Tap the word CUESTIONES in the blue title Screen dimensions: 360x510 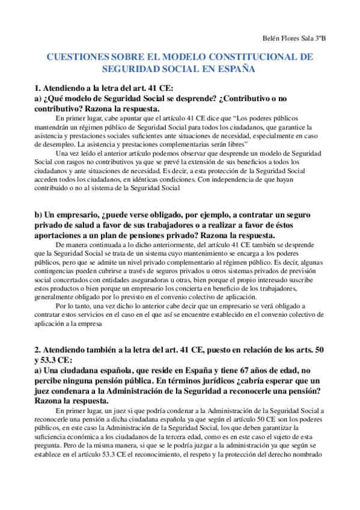tap(79, 57)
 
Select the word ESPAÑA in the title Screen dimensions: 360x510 tap(232, 69)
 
